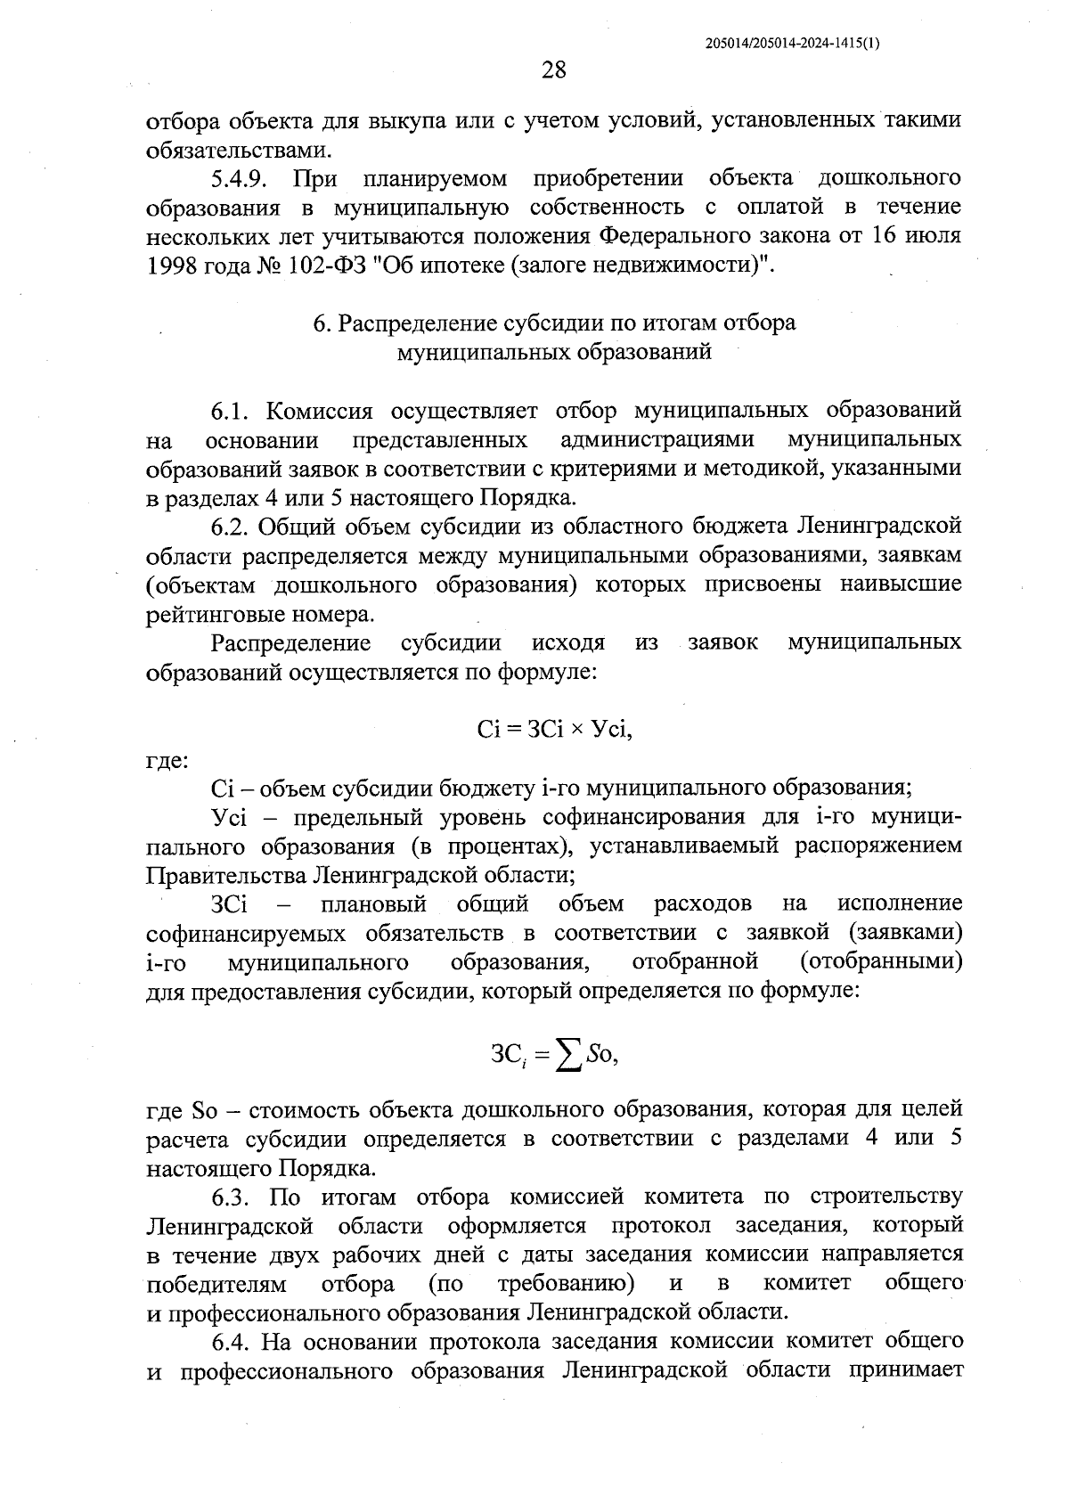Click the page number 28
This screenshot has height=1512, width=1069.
click(553, 69)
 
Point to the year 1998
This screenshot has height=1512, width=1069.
click(171, 265)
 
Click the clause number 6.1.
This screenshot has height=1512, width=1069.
click(233, 411)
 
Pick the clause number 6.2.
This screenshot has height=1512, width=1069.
click(233, 527)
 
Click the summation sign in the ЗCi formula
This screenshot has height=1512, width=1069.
click(567, 1057)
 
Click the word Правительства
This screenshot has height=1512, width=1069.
click(227, 874)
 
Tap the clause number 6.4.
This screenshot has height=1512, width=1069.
click(233, 1341)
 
